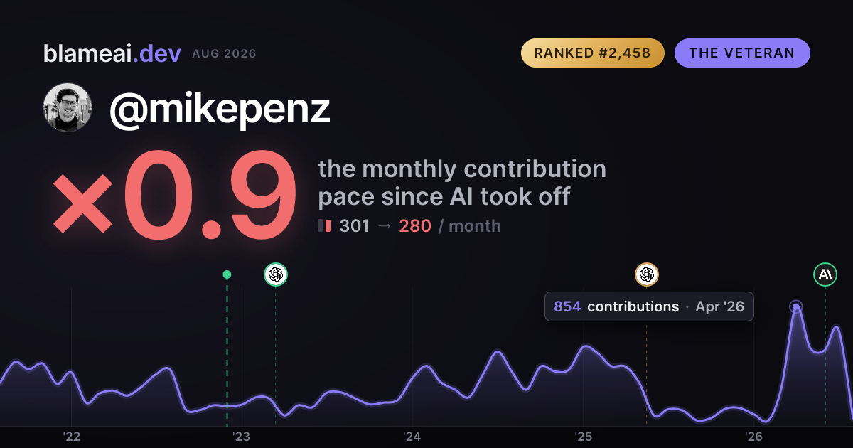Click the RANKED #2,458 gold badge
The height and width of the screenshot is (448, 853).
(593, 53)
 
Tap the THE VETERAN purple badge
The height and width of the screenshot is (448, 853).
(742, 53)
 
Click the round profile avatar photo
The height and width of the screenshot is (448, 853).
(68, 107)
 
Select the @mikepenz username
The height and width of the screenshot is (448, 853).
(220, 110)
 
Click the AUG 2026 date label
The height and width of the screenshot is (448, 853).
(224, 54)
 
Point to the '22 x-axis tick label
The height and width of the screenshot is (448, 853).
(71, 437)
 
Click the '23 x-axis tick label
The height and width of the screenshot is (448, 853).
(242, 437)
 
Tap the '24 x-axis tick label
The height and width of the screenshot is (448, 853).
(412, 437)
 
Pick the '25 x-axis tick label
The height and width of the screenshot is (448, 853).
(583, 437)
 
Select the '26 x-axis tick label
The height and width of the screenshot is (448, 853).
(753, 437)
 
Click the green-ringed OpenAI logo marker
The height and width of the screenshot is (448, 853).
(276, 274)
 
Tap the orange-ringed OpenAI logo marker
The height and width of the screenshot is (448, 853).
(647, 274)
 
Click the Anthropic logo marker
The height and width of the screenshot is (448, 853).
(825, 274)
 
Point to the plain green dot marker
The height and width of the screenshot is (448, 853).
(227, 274)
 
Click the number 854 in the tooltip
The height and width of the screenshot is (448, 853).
(567, 306)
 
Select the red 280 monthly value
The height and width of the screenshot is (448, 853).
(415, 226)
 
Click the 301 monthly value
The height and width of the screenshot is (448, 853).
(354, 226)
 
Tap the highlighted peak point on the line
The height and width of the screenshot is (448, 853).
(796, 306)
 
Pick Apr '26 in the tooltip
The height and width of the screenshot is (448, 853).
(719, 306)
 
